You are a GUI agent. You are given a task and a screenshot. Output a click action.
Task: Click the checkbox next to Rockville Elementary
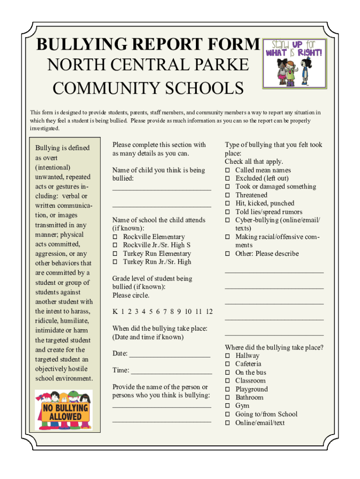point(115,237)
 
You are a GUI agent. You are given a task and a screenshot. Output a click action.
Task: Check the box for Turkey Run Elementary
point(115,254)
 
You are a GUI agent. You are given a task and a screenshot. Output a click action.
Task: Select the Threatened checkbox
point(227,195)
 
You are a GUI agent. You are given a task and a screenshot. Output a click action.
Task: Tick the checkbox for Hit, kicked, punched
point(227,203)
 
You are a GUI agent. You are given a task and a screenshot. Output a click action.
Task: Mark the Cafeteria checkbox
point(227,364)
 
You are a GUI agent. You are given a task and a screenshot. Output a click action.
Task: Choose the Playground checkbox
point(227,389)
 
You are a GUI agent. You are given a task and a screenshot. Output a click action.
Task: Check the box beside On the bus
point(227,372)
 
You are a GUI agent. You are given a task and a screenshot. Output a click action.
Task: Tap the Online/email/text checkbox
point(227,423)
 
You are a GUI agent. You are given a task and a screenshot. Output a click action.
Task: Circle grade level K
point(115,312)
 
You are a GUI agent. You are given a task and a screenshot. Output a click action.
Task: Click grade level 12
point(209,312)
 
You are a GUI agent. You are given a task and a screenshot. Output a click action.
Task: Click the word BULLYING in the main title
point(78,45)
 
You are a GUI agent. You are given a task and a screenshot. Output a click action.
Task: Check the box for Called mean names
point(227,170)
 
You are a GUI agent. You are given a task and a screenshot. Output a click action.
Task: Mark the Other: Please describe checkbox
point(227,254)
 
